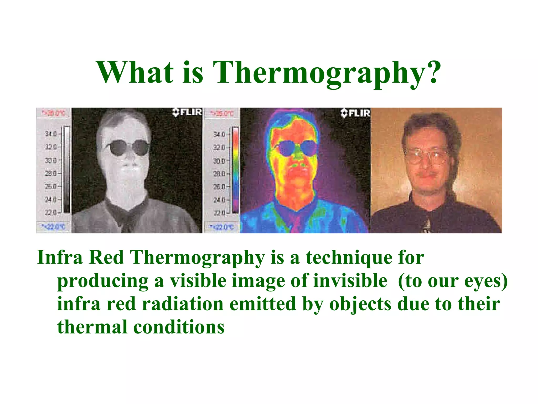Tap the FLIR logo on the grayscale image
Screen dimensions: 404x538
[x=187, y=112]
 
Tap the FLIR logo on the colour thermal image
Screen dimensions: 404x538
[x=355, y=113]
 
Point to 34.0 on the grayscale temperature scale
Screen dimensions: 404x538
[x=51, y=134]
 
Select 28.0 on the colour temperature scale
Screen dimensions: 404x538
[x=219, y=174]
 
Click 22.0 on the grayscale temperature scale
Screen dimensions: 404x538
[x=51, y=212]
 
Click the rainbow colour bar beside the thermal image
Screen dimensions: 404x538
[x=236, y=170]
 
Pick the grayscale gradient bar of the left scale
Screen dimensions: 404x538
[x=67, y=170]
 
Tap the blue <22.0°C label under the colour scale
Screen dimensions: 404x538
[x=221, y=227]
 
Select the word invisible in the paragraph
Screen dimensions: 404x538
[x=350, y=281]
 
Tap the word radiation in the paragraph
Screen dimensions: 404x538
[x=183, y=304]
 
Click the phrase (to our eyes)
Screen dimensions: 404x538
[x=453, y=281]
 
